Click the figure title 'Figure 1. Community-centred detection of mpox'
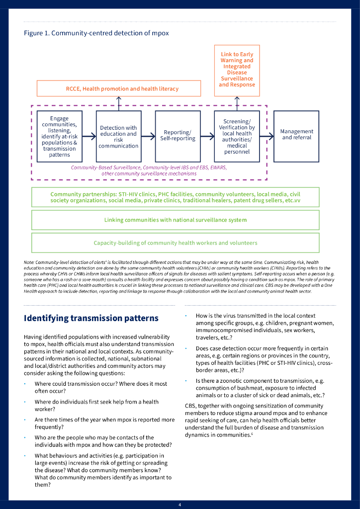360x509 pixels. (96, 33)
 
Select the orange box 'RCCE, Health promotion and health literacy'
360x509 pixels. (119, 88)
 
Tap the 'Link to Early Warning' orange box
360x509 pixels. (237, 70)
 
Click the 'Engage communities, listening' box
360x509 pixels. (60, 136)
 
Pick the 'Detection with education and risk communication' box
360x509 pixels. (118, 136)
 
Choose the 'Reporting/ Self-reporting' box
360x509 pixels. (178, 136)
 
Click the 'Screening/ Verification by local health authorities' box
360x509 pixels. (237, 136)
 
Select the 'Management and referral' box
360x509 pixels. (296, 136)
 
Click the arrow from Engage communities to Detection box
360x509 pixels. (89, 136)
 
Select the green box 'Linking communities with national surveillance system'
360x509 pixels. (176, 220)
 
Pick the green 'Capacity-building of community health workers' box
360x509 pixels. (176, 243)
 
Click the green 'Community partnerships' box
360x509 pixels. (176, 197)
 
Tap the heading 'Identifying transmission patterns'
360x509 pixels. (91, 318)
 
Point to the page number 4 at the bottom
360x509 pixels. (180, 505)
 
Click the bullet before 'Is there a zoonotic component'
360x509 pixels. (186, 381)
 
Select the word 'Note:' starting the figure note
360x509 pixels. (29, 262)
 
